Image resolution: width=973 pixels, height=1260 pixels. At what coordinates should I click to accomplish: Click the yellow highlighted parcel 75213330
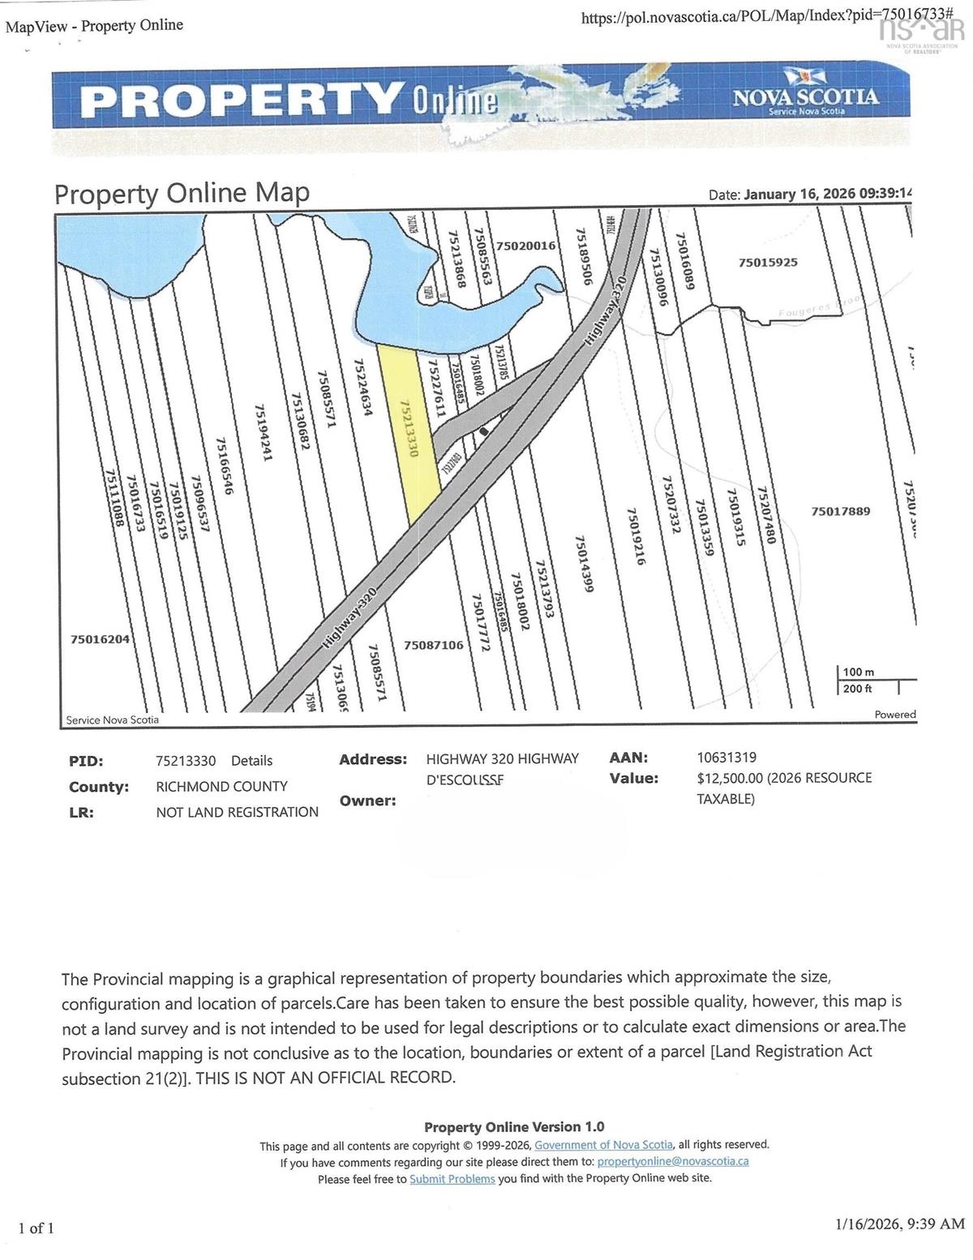pyautogui.click(x=409, y=429)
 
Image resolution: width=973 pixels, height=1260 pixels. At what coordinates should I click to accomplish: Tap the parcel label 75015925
pyautogui.click(x=768, y=263)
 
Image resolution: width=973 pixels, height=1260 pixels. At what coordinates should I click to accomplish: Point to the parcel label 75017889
pyautogui.click(x=841, y=511)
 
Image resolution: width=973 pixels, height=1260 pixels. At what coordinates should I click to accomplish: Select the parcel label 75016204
pyautogui.click(x=100, y=639)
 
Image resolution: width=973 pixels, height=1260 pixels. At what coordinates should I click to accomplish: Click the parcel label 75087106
pyautogui.click(x=434, y=645)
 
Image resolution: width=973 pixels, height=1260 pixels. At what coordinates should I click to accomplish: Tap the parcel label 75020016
pyautogui.click(x=525, y=245)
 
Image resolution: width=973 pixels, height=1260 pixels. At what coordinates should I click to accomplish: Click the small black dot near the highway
pyautogui.click(x=484, y=433)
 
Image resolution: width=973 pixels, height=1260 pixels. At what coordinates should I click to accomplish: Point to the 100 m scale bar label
pyautogui.click(x=859, y=673)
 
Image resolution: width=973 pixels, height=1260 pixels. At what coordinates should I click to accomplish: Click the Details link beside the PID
pyautogui.click(x=251, y=761)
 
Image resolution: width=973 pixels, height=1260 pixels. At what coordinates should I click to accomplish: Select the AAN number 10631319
pyautogui.click(x=727, y=758)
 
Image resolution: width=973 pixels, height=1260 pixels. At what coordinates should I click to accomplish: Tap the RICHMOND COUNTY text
pyautogui.click(x=221, y=786)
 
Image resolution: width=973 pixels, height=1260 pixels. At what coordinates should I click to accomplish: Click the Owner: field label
pyautogui.click(x=367, y=801)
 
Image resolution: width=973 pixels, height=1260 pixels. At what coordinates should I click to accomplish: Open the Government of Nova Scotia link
pyautogui.click(x=603, y=1145)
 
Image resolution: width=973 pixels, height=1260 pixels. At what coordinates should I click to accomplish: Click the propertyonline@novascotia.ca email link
pyautogui.click(x=672, y=1161)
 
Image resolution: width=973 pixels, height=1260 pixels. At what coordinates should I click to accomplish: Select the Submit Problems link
pyautogui.click(x=452, y=1178)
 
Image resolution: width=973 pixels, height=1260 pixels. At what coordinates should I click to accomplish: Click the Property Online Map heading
pyautogui.click(x=182, y=194)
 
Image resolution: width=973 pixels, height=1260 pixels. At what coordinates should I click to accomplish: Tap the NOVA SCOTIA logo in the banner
pyautogui.click(x=805, y=100)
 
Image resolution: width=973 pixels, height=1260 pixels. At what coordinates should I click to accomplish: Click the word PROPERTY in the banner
pyautogui.click(x=240, y=100)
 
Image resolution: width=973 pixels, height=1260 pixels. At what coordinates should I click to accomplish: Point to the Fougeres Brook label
pyautogui.click(x=819, y=307)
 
